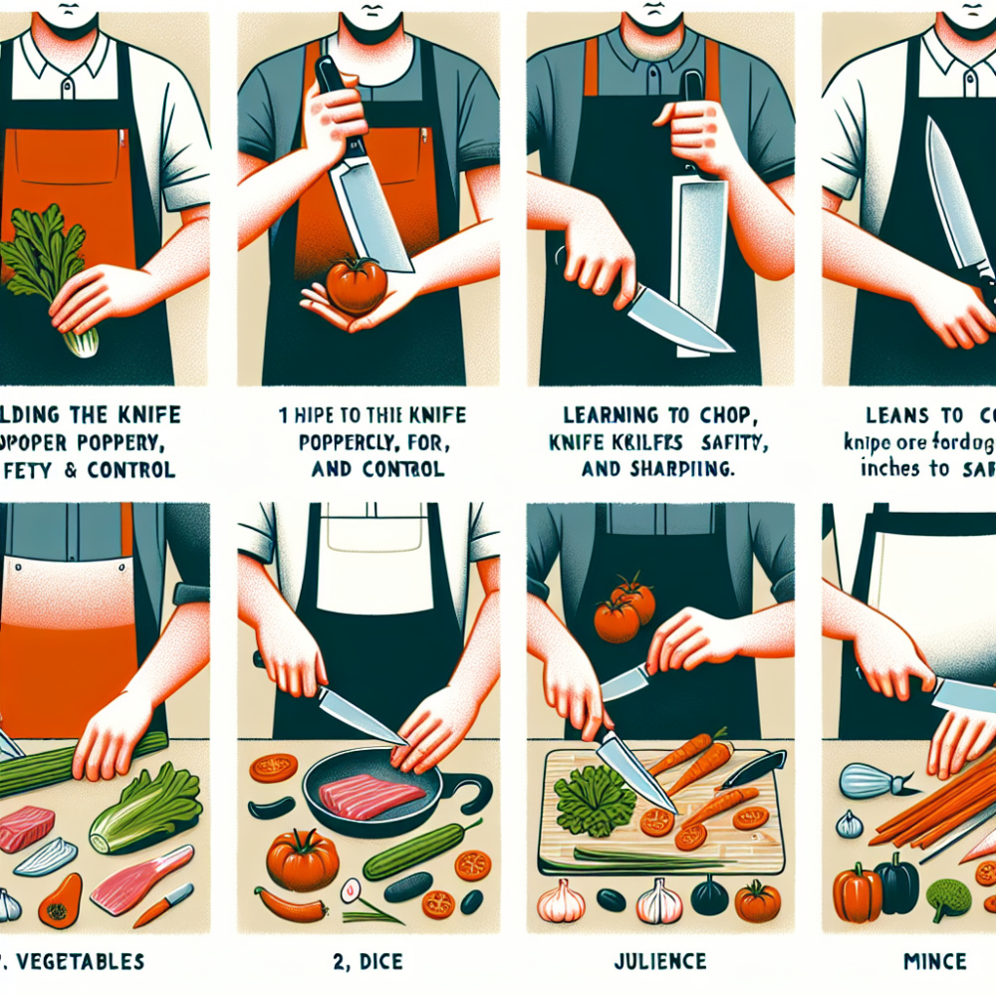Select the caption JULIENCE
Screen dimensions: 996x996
(661, 962)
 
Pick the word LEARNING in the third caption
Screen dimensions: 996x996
(598, 415)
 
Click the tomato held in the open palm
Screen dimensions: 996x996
(357, 285)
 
